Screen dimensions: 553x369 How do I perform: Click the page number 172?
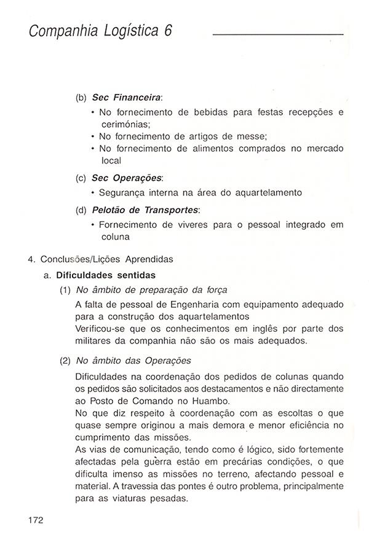[35, 520]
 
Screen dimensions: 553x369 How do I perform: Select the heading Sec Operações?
[127, 178]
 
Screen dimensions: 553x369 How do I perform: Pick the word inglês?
[259, 329]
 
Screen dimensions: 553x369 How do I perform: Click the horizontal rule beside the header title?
[277, 34]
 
